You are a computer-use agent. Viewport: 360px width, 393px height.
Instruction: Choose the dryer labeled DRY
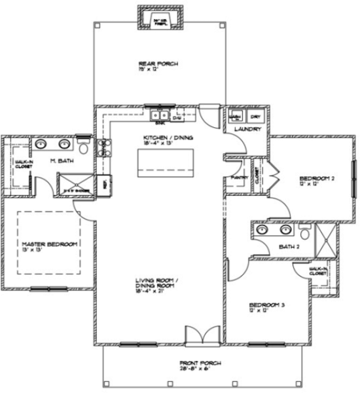pos(255,117)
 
